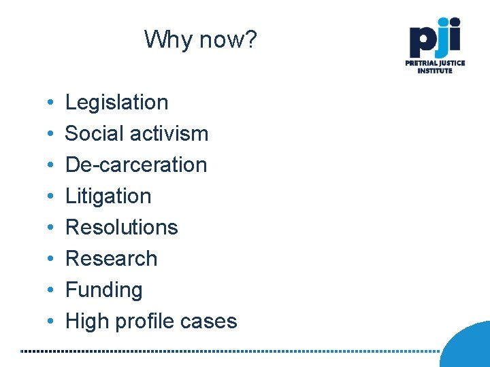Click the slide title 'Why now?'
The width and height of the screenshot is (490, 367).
(x=201, y=39)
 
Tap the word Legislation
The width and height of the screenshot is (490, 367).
(x=116, y=103)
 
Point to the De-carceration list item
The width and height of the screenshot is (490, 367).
(x=135, y=165)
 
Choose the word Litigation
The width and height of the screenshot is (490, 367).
(x=108, y=196)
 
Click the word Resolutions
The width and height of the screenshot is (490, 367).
(x=121, y=228)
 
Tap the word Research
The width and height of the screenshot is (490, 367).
(x=111, y=259)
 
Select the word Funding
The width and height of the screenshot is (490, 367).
(x=103, y=290)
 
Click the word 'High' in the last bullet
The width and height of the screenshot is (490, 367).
(x=86, y=321)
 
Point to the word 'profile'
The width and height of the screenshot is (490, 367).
(x=146, y=321)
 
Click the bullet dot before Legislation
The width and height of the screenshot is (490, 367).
(x=52, y=103)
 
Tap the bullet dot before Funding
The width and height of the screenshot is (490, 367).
(x=52, y=291)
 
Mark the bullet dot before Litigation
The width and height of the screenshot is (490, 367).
(x=52, y=197)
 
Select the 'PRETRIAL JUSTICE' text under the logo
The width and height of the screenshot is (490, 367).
(x=436, y=63)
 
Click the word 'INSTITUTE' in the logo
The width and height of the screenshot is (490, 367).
(x=436, y=71)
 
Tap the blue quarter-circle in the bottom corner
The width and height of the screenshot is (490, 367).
(x=470, y=347)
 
